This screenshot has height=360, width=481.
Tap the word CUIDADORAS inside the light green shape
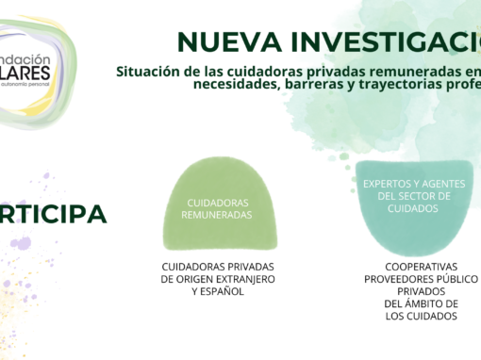[219, 202]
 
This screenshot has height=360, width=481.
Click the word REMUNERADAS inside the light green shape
[219, 215]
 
